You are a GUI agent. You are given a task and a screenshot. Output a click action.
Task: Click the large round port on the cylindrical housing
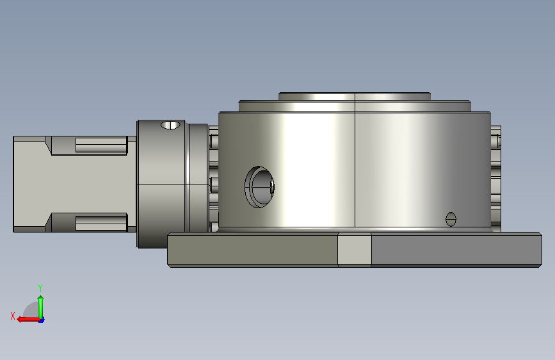pyautogui.click(x=259, y=187)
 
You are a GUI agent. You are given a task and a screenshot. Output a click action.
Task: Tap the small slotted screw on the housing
pyautogui.click(x=451, y=219)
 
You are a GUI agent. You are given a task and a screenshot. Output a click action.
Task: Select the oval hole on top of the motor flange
pyautogui.click(x=170, y=125)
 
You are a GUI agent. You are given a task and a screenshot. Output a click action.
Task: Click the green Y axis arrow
pyautogui.click(x=41, y=307)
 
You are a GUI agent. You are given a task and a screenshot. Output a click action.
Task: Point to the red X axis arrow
pyautogui.click(x=28, y=319)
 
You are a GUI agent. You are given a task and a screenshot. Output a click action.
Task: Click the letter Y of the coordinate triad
pyautogui.click(x=40, y=288)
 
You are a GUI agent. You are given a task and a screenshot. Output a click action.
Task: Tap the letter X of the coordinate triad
pyautogui.click(x=13, y=316)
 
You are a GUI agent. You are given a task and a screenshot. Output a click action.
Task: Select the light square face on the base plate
pyautogui.click(x=354, y=249)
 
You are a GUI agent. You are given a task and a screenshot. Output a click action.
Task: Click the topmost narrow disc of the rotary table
pyautogui.click(x=355, y=96)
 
